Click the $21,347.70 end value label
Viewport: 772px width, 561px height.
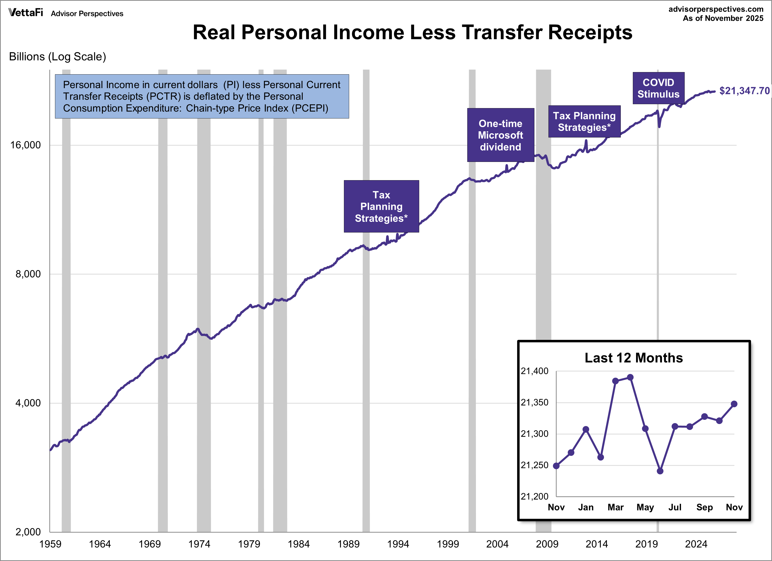pos(744,91)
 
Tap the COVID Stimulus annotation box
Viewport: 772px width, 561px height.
pos(658,88)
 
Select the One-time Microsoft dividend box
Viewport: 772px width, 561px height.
pos(500,135)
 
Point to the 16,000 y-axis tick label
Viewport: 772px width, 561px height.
pos(25,145)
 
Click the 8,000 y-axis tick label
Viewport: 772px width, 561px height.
pos(28,274)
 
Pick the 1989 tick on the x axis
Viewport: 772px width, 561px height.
pos(348,544)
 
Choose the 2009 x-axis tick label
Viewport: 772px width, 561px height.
pos(547,544)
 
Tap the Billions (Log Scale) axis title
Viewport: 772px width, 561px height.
pos(57,57)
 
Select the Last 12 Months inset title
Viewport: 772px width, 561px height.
pos(633,358)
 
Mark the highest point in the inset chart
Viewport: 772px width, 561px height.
pos(630,377)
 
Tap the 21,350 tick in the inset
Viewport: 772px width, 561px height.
pos(534,402)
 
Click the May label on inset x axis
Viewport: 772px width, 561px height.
pos(645,507)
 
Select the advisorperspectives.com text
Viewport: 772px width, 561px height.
pos(716,9)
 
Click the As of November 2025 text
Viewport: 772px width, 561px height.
pos(723,18)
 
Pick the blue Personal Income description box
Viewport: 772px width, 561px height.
pos(202,96)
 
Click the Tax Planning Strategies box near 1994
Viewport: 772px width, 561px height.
pos(381,206)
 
